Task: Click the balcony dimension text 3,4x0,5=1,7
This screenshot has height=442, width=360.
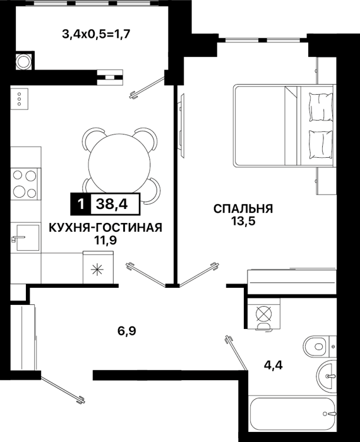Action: [x=96, y=35]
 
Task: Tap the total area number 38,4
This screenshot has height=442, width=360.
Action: [x=112, y=204]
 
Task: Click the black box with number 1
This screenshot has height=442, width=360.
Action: [x=80, y=204]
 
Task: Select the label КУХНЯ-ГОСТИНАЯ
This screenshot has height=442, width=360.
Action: [x=105, y=227]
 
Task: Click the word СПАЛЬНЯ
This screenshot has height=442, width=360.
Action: [x=243, y=209]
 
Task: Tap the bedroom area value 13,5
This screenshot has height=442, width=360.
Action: [x=243, y=222]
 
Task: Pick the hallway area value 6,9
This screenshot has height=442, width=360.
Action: [x=126, y=330]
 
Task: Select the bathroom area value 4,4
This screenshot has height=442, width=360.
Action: [x=273, y=366]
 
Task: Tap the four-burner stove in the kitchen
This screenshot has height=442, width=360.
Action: [x=25, y=184]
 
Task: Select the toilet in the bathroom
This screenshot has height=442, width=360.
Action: [x=320, y=347]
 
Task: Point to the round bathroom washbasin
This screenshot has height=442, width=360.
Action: [x=327, y=376]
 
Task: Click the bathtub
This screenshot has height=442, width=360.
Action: [x=292, y=414]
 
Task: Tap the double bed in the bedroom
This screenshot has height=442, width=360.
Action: [x=284, y=126]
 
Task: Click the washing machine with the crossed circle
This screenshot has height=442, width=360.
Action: [x=264, y=314]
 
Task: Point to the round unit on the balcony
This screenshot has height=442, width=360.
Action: [x=23, y=61]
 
